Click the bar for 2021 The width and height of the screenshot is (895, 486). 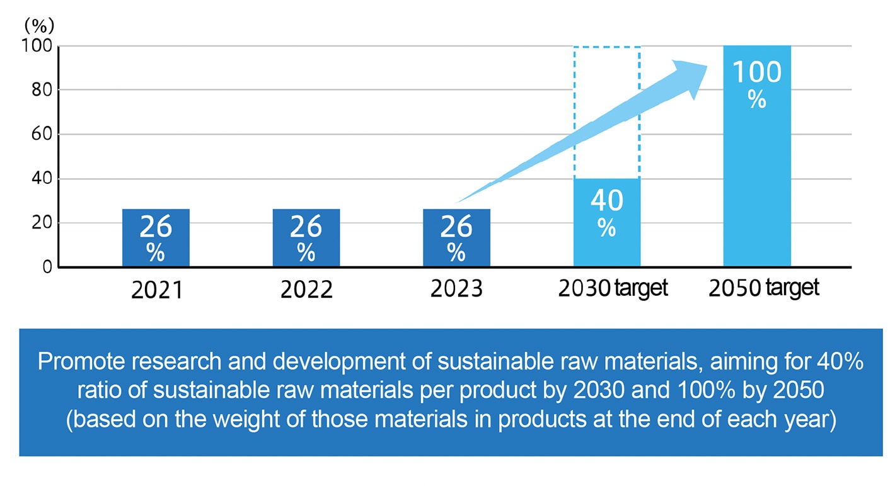[x=156, y=237]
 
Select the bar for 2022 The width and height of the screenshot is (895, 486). [x=306, y=237]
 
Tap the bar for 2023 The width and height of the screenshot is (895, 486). [x=456, y=237]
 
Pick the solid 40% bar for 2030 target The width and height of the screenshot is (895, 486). [x=607, y=222]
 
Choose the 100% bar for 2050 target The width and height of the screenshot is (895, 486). [x=757, y=156]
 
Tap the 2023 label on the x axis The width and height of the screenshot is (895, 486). [x=456, y=290]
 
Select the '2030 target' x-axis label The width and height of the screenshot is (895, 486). [x=612, y=289]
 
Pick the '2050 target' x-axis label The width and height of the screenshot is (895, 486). [x=763, y=289]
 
